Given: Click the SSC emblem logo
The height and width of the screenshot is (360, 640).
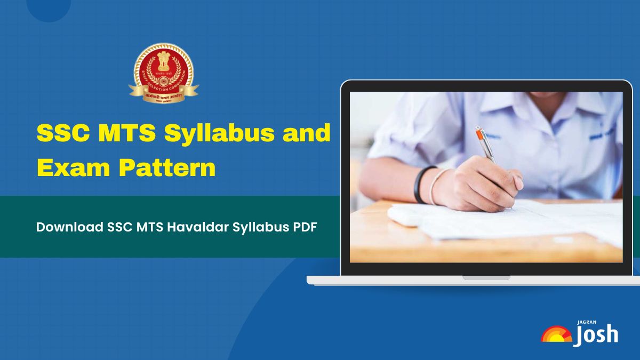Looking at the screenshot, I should pos(163,73).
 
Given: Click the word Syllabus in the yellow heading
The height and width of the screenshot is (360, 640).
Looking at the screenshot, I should pos(216,133).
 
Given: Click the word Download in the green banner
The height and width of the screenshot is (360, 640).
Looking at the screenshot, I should pos(69,227).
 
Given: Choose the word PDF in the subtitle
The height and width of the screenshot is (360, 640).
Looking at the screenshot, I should pos(305,227).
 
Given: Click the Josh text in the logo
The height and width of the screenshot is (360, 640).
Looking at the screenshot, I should pos(596,334).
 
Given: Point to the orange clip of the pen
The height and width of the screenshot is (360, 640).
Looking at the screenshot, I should pos(483,140).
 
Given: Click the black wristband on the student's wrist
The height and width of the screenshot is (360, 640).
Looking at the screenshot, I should pos(420,185).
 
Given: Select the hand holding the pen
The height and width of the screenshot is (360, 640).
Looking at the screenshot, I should pos(480,184).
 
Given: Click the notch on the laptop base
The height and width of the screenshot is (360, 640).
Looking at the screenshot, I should pos(486,277).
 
